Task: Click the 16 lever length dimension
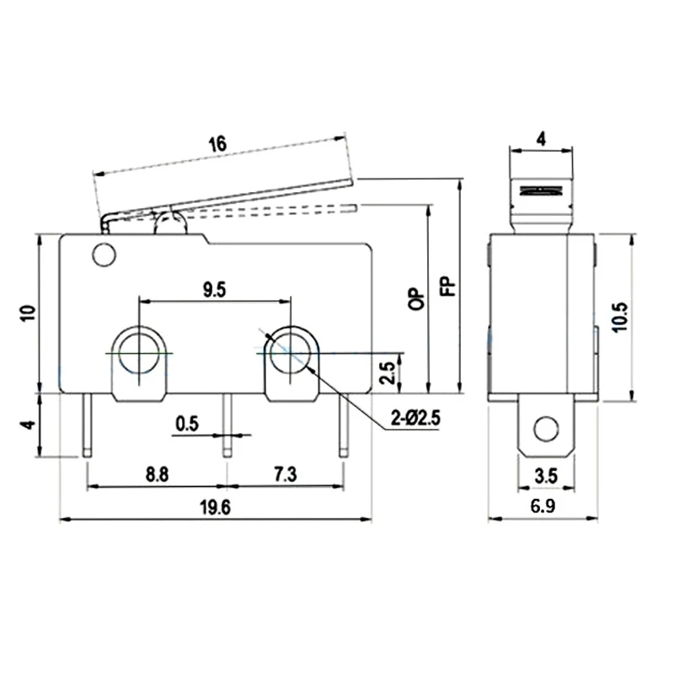[217, 144]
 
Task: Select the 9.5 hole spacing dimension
[215, 290]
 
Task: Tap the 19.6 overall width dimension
[215, 508]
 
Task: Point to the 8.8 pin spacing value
[157, 474]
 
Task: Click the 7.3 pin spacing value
[285, 474]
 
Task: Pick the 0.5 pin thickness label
[187, 424]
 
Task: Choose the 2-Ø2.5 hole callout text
[415, 417]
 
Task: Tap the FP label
[448, 286]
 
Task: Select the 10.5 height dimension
[620, 317]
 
